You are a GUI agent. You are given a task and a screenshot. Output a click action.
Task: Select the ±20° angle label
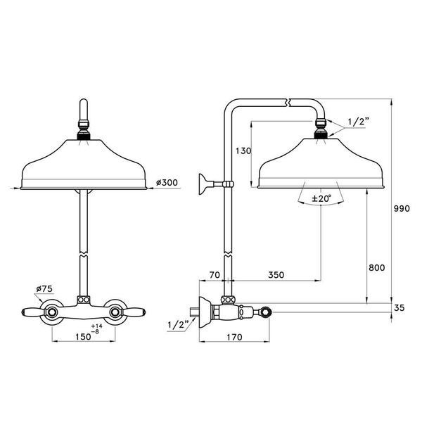tap(321, 198)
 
